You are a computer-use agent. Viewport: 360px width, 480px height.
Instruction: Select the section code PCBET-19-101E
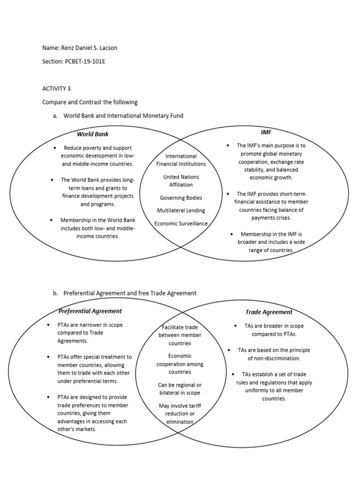[85, 61]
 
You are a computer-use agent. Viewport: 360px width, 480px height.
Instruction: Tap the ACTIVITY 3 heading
[56, 88]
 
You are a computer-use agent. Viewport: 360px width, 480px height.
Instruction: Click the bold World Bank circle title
[92, 134]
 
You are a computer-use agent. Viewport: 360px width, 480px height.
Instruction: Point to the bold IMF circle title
[266, 132]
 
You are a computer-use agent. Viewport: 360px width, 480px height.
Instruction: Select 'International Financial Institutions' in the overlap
[181, 160]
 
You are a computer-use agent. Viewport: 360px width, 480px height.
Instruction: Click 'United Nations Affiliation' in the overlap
[181, 181]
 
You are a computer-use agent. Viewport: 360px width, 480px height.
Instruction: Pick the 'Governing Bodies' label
[181, 198]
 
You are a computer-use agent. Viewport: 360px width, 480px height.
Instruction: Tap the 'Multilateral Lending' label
[181, 211]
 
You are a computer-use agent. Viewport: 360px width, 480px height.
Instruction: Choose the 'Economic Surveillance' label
[181, 224]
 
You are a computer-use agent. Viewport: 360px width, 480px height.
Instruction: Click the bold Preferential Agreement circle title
[90, 311]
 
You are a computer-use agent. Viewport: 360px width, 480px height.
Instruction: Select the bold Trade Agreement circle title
[269, 312]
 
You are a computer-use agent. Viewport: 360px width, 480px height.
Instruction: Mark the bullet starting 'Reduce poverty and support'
[97, 156]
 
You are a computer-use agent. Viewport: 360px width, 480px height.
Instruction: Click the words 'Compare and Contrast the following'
[90, 102]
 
